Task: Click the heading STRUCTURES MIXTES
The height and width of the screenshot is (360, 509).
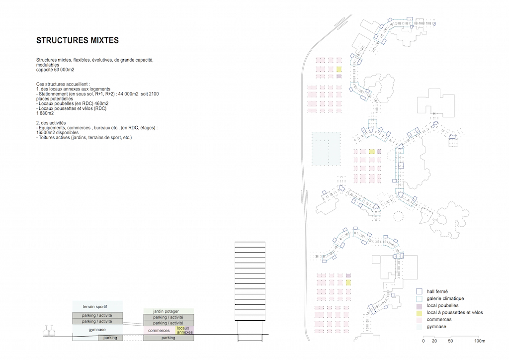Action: coord(77,40)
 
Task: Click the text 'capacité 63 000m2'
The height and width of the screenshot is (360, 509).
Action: coord(55,70)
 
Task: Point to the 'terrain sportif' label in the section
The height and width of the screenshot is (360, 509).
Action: coord(95,306)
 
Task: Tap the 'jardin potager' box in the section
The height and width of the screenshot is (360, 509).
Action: coord(169,311)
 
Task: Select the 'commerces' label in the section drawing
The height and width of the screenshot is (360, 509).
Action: coord(159,331)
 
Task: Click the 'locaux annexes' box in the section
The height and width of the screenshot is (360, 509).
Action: coord(185,330)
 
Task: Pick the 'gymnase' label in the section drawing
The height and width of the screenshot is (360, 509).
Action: coord(97,330)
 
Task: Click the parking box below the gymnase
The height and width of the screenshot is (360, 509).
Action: coord(110,338)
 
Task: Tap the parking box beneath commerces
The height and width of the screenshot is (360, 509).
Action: coord(169,338)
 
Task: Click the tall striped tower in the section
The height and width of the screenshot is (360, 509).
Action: coord(250,281)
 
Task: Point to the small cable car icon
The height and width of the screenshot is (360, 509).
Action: coord(49,331)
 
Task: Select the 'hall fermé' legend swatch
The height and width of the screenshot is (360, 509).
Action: coord(419,291)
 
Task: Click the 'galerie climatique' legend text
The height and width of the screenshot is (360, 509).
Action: coord(445,299)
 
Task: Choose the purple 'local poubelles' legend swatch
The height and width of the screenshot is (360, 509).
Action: coord(419,306)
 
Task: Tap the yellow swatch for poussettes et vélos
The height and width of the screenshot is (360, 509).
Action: coord(419,313)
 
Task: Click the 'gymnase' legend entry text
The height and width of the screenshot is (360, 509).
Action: coord(436,327)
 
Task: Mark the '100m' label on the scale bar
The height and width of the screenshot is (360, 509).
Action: coord(480,341)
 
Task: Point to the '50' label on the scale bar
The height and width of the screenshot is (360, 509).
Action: coord(450,341)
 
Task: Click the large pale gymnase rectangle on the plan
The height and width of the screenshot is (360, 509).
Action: coord(326,149)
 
